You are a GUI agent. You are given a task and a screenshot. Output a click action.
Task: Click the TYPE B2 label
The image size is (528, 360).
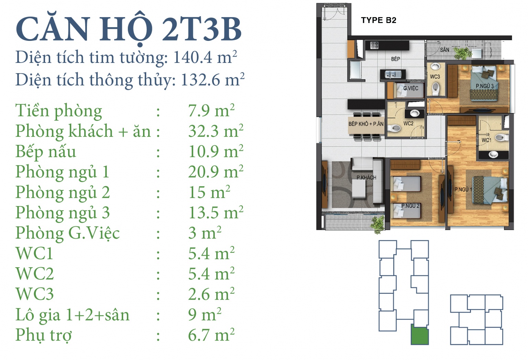(x=378, y=20)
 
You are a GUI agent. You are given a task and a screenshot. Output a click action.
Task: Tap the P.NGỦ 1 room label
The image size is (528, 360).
(x=463, y=189)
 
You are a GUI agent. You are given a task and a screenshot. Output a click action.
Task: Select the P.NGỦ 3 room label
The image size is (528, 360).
(x=485, y=86)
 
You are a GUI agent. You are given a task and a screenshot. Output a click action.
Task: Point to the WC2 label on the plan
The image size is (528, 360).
(x=408, y=123)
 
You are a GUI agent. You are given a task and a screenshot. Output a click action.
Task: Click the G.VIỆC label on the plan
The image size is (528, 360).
(x=411, y=88)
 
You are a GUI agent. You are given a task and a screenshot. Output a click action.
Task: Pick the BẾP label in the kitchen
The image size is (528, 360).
(x=396, y=59)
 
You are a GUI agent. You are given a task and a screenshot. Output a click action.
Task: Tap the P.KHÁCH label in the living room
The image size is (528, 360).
(x=366, y=177)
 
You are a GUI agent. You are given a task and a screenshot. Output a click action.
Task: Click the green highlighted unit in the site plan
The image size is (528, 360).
(x=420, y=335)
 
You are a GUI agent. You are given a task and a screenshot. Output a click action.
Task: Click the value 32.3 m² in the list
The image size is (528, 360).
(x=216, y=131)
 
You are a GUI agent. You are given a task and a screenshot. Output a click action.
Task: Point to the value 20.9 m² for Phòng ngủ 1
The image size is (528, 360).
(x=216, y=171)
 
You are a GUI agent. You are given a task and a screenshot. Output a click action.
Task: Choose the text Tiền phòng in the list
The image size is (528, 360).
(x=59, y=111)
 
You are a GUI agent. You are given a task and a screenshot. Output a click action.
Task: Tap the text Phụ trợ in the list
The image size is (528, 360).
(x=44, y=335)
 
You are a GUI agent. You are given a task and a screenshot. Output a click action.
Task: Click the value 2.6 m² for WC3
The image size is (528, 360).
(x=211, y=294)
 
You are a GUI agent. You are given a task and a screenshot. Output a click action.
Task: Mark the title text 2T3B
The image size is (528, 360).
(x=202, y=30)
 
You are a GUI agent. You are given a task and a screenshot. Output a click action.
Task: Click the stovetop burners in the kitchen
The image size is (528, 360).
(x=374, y=45)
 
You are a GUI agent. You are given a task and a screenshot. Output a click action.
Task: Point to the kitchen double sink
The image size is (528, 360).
(x=393, y=75)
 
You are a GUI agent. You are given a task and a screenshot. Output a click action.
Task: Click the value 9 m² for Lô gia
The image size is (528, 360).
(x=205, y=314)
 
